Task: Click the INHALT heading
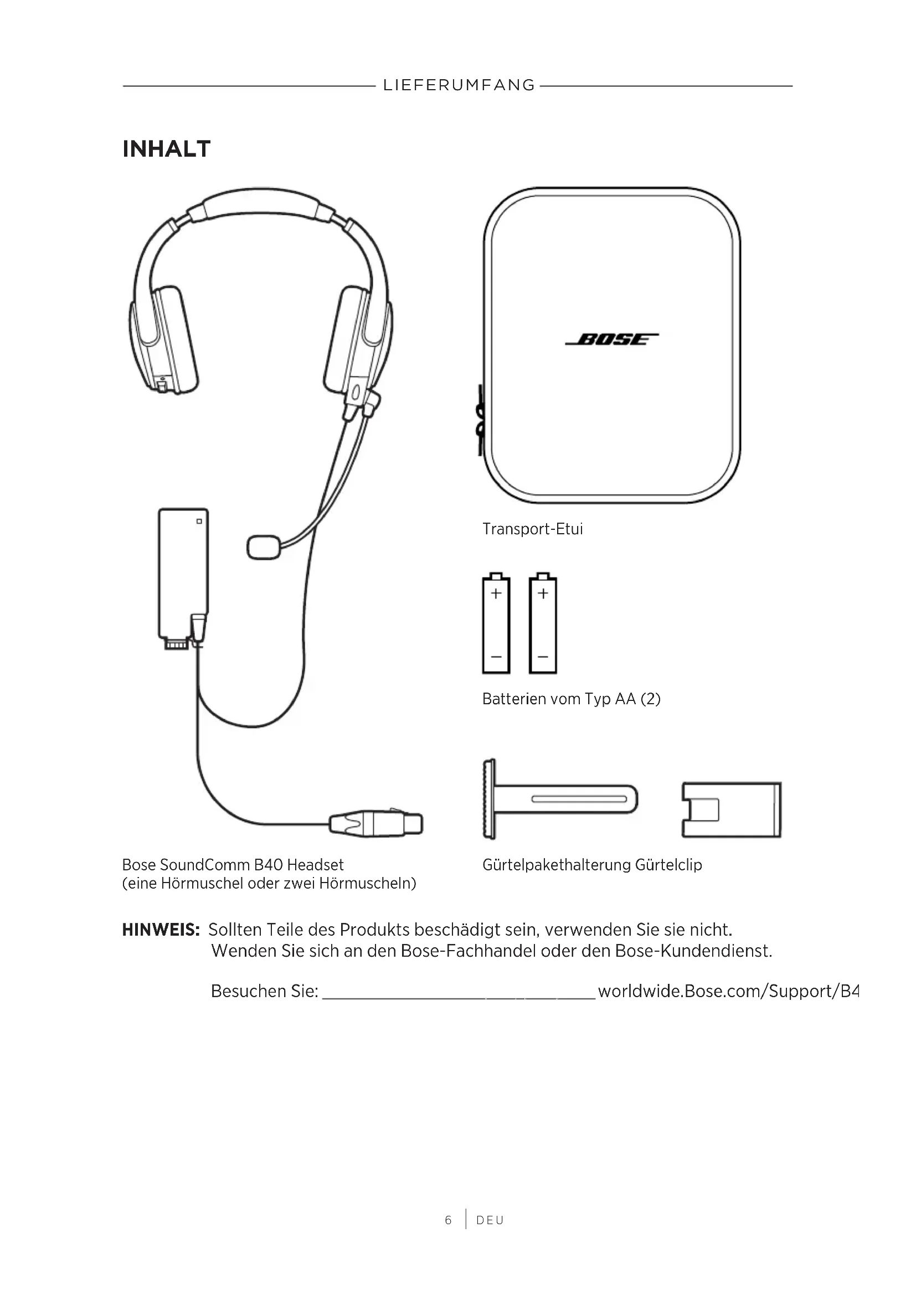(x=166, y=149)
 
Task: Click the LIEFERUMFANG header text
(x=459, y=85)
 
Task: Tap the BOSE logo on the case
(x=612, y=339)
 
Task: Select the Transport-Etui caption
(x=532, y=529)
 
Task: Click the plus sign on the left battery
(x=496, y=594)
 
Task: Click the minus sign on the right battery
(x=543, y=657)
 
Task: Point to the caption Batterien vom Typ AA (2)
(x=571, y=699)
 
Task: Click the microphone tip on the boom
(x=264, y=547)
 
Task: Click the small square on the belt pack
(x=199, y=521)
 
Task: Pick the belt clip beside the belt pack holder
(x=731, y=809)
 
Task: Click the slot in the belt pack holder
(x=579, y=799)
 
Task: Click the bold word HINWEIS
(x=161, y=930)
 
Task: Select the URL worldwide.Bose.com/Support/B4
(x=729, y=991)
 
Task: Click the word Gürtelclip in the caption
(x=668, y=865)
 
